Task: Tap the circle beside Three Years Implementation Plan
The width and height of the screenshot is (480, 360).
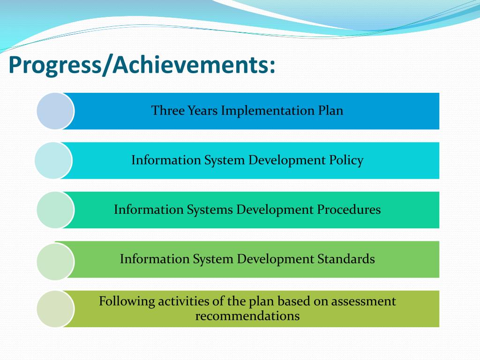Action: coord(55,111)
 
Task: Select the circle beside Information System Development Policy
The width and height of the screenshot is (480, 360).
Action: coord(53,160)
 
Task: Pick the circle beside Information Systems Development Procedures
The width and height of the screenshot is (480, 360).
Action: coord(55,210)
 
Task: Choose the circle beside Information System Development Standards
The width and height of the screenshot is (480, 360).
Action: coord(55,262)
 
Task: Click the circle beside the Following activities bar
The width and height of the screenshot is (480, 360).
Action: coord(55,308)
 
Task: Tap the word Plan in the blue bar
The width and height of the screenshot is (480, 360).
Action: coord(331,111)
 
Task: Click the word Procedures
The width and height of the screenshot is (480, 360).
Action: coord(349,210)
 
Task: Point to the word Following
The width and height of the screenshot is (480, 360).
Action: coord(127,301)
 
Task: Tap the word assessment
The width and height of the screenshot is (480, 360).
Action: coord(363,301)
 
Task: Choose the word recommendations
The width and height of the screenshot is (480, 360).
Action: coord(247,316)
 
